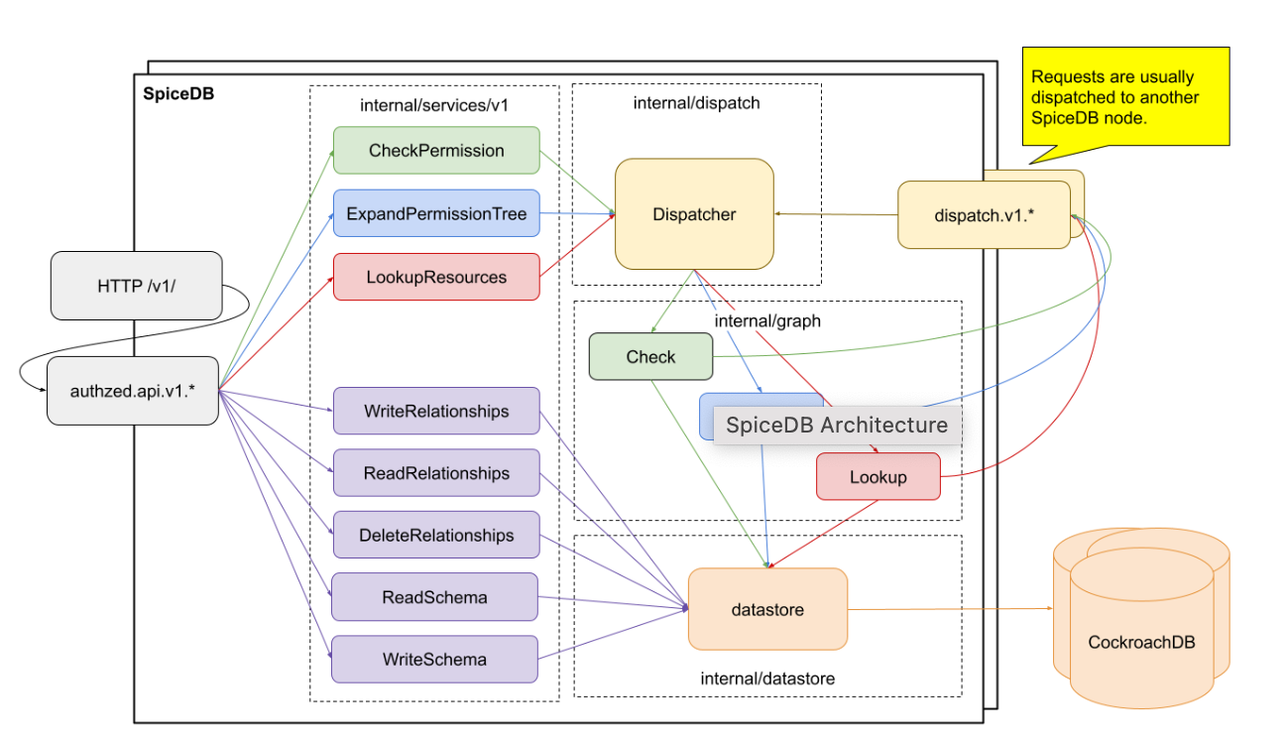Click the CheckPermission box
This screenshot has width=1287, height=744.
click(x=436, y=151)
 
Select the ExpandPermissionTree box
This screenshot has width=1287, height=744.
click(x=436, y=213)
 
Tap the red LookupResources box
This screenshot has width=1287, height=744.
click(x=436, y=277)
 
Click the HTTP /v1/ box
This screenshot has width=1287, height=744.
click(x=136, y=286)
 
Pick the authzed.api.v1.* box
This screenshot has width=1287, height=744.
click(x=132, y=391)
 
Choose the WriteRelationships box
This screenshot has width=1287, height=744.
click(x=436, y=411)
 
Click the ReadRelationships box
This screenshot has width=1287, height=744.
click(x=436, y=473)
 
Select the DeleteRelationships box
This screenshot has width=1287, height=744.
click(x=436, y=536)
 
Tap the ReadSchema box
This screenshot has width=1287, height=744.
click(x=434, y=597)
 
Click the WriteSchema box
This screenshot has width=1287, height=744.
click(x=434, y=659)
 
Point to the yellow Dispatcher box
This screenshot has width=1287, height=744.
click(x=694, y=214)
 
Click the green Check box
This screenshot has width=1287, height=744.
click(x=650, y=357)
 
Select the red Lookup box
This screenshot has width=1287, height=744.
click(x=877, y=477)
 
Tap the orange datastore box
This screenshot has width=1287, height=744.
click(x=767, y=609)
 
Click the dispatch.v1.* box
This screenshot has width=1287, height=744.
click(x=984, y=214)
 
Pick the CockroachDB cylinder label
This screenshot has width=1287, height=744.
click(x=1141, y=642)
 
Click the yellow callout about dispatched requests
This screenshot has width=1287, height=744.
click(x=1125, y=96)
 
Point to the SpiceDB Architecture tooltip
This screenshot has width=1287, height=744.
click(x=837, y=426)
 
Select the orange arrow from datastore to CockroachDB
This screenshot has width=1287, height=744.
click(x=950, y=608)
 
